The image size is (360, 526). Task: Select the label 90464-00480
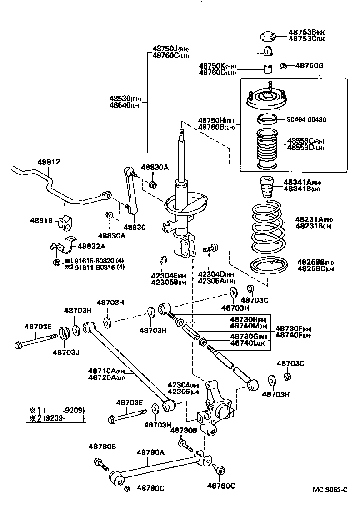306,119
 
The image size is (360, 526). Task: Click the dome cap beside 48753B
268,36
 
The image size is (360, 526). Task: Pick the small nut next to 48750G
283,66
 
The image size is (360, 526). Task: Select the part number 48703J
65,352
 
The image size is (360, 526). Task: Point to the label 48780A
151,452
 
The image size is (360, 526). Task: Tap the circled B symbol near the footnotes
56,263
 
